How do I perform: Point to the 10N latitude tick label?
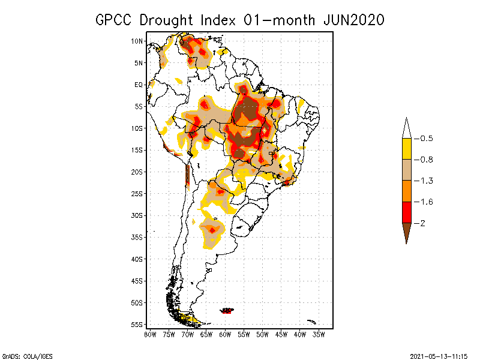coord(137,41)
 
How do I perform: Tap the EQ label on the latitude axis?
coord(139,85)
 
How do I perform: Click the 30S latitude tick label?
coord(137,215)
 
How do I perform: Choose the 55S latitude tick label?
coord(137,325)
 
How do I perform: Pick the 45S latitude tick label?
coord(137,281)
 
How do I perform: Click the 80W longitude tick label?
coord(150,334)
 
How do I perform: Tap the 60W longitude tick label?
coord(225,334)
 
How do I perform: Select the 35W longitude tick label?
coord(319,334)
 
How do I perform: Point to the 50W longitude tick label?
coord(263,334)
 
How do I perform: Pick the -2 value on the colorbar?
coord(421,223)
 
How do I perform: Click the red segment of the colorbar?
coord(406,212)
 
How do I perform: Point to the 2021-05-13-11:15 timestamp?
coord(439,356)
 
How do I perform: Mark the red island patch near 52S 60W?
coord(227,311)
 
